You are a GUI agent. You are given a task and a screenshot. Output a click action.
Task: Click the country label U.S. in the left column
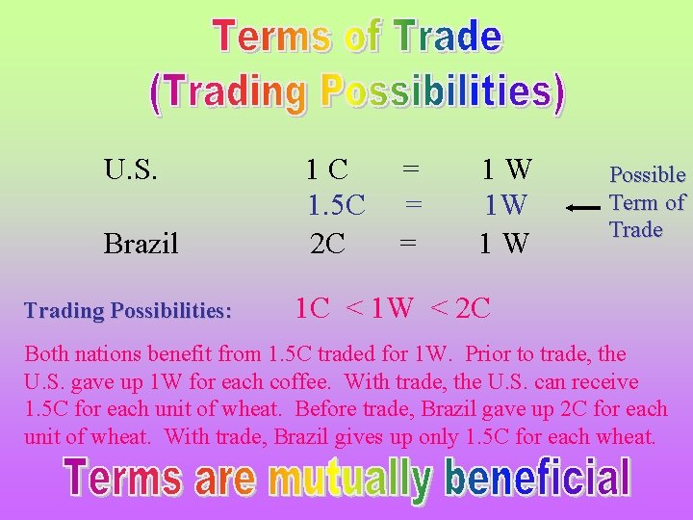coord(131,170)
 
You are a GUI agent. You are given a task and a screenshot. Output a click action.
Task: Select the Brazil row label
coord(141,244)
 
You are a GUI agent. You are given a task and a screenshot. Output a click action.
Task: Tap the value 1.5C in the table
coord(336,205)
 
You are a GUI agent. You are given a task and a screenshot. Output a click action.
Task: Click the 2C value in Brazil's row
coord(328,244)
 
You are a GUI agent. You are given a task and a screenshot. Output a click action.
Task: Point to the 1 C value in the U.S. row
coord(326,170)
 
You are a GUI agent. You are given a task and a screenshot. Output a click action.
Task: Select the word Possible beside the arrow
coord(647,175)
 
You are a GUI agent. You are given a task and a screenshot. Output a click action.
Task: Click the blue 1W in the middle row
coord(505,206)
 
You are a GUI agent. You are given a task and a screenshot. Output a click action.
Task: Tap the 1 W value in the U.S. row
coord(506,170)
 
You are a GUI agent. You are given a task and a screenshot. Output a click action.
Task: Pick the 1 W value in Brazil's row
coord(505,244)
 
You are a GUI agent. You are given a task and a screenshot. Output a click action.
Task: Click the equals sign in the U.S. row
coord(411,169)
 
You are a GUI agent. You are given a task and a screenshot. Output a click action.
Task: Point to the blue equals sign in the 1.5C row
coord(413,205)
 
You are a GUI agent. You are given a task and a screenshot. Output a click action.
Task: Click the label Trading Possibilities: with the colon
coord(128,311)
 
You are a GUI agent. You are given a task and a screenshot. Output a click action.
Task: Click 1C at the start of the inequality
coord(313,308)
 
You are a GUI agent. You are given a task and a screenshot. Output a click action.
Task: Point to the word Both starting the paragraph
coord(46,353)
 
